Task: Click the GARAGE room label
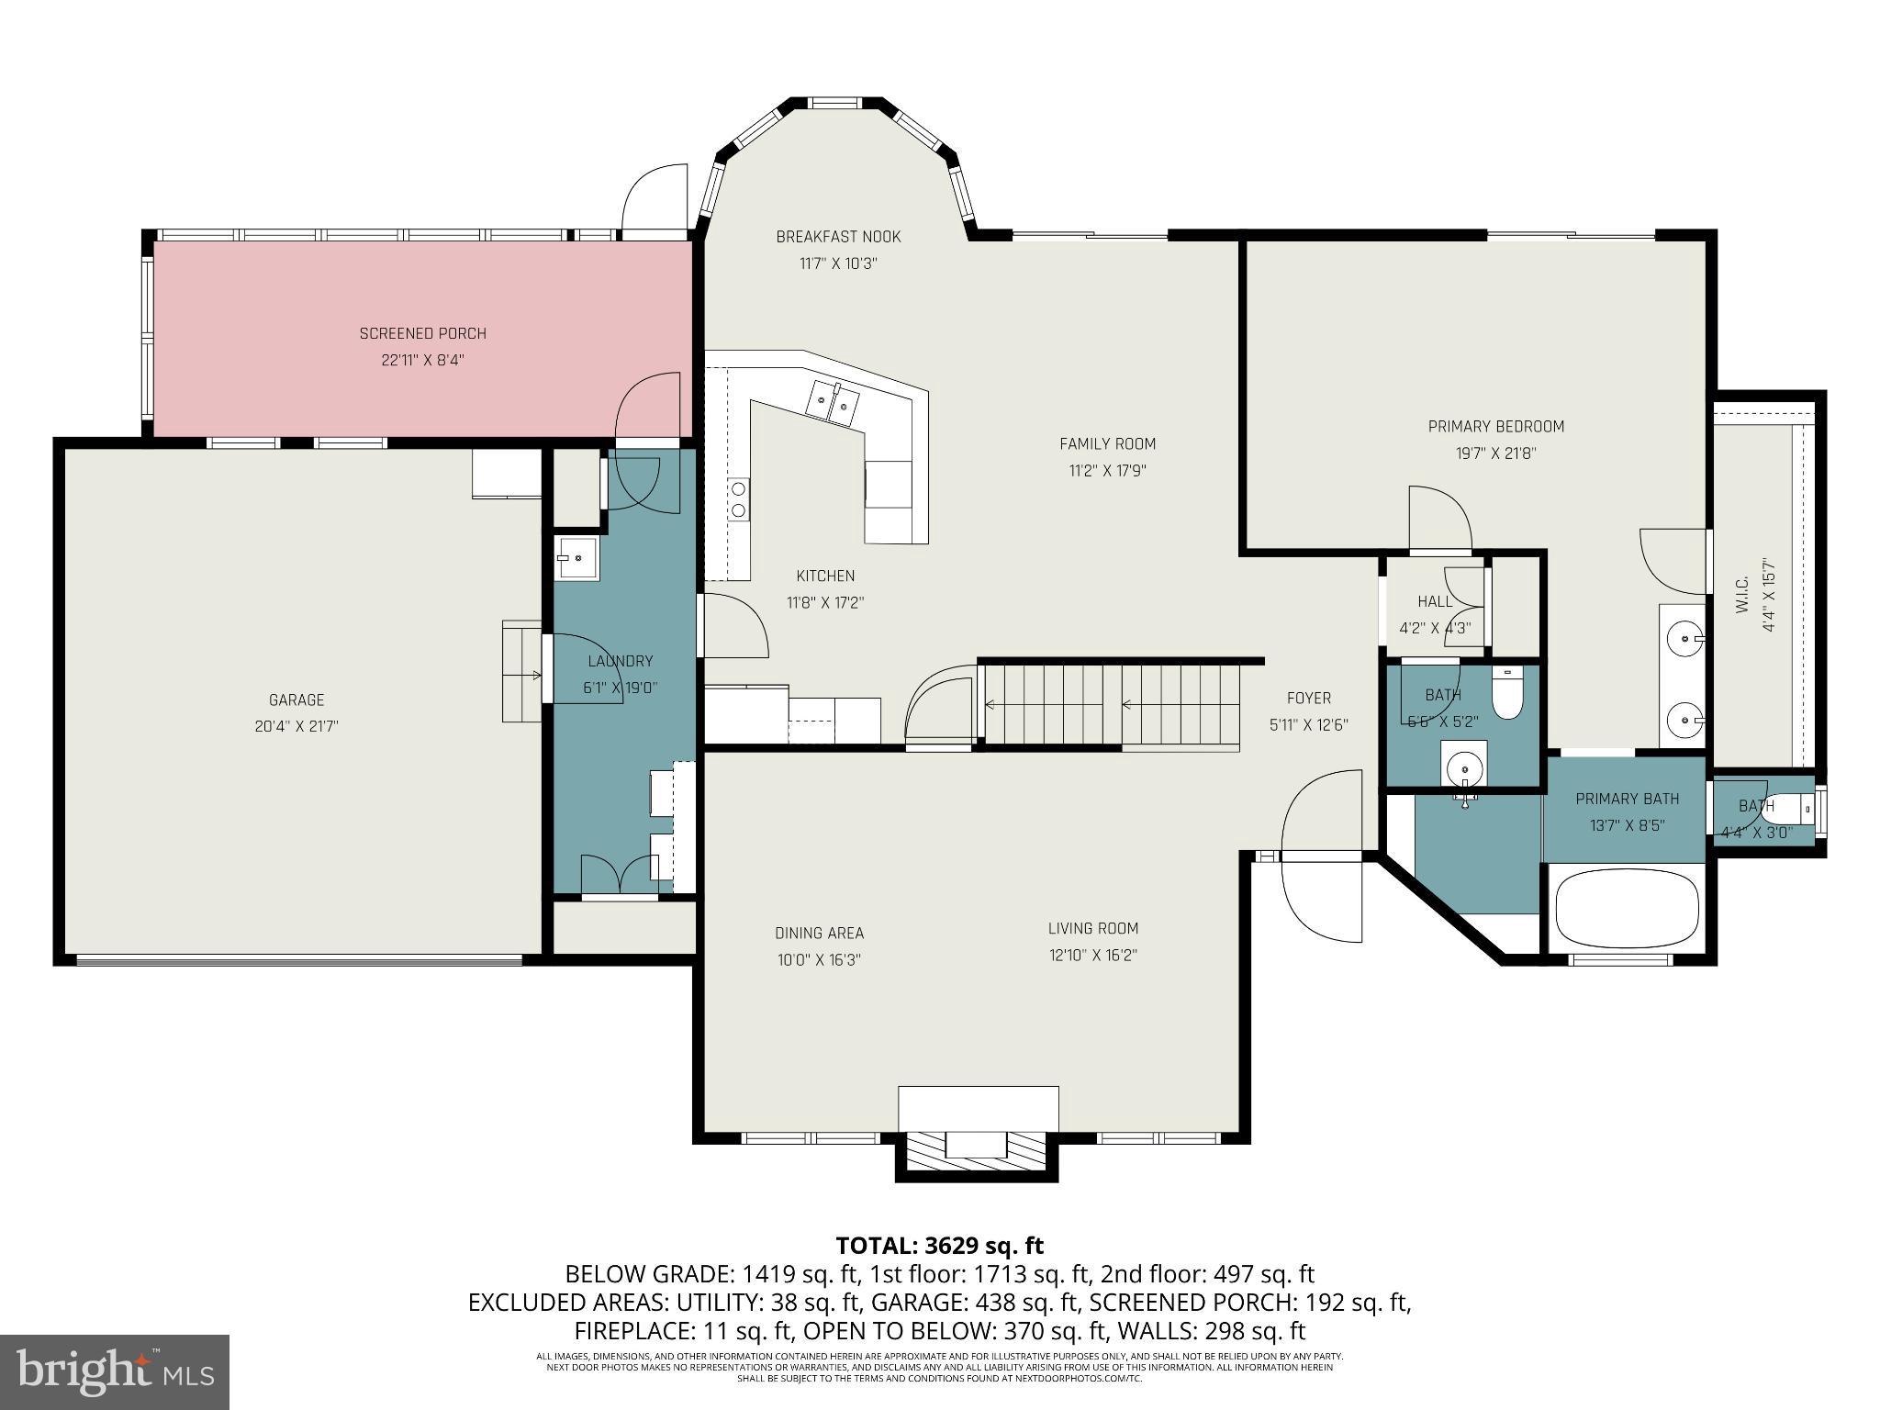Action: [297, 699]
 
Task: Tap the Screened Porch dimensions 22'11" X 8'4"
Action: [422, 360]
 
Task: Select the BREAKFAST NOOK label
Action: [838, 237]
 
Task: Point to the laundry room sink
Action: [576, 558]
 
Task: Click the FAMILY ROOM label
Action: [1107, 444]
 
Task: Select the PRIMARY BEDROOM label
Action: [1495, 427]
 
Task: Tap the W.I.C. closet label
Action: [1743, 595]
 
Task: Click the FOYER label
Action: [1308, 698]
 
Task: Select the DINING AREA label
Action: [819, 934]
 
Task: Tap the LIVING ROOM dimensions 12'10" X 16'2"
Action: [1092, 955]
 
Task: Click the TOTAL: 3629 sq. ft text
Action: [939, 1246]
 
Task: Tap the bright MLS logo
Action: [115, 1372]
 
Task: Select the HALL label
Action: [1434, 601]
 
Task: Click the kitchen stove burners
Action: [738, 499]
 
